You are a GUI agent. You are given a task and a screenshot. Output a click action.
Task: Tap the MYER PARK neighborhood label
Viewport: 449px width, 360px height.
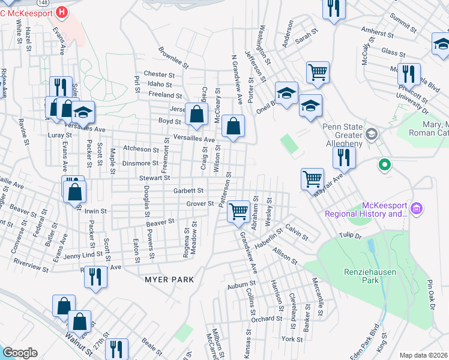[x=169, y=280]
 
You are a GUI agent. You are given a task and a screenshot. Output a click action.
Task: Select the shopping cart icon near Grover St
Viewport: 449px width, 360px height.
[x=239, y=210]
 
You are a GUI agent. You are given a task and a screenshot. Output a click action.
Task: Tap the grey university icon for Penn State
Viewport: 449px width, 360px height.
[x=372, y=133]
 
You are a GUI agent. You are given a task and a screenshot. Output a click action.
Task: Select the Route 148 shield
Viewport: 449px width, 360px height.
[x=62, y=11]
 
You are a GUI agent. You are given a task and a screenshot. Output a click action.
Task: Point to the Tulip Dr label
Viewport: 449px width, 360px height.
[x=350, y=236]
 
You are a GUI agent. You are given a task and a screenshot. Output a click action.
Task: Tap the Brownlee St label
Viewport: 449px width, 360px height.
[x=173, y=56]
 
